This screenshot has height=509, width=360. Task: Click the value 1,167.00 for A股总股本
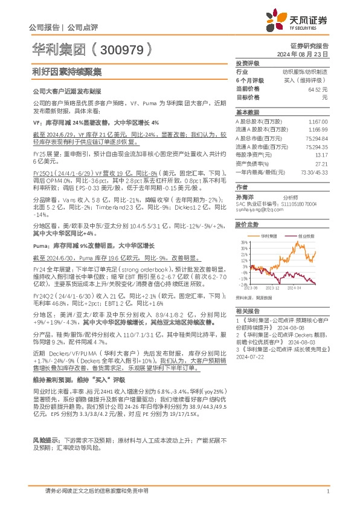(x=319, y=121)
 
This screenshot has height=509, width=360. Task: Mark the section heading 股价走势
(x=244, y=224)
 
